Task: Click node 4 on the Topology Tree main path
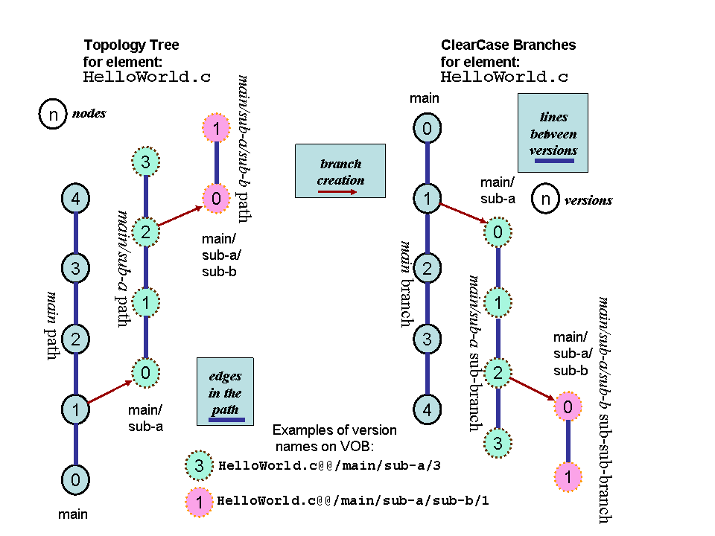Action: (x=75, y=199)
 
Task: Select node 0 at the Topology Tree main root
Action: (x=75, y=479)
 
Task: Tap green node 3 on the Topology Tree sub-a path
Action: (x=146, y=162)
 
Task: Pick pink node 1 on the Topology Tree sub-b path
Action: (x=216, y=130)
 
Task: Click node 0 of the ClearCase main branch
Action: (x=427, y=129)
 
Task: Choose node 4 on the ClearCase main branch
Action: (x=427, y=409)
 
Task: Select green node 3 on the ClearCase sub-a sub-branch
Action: (x=497, y=442)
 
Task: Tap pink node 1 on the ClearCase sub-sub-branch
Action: (x=568, y=476)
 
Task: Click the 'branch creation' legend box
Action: (x=340, y=171)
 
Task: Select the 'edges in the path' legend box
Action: (x=225, y=392)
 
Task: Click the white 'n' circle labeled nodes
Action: (x=53, y=115)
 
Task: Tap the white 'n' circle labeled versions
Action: (x=546, y=200)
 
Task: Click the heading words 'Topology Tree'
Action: (x=131, y=45)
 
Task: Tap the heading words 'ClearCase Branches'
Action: (x=508, y=45)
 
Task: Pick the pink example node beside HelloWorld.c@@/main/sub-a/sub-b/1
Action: (x=199, y=500)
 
